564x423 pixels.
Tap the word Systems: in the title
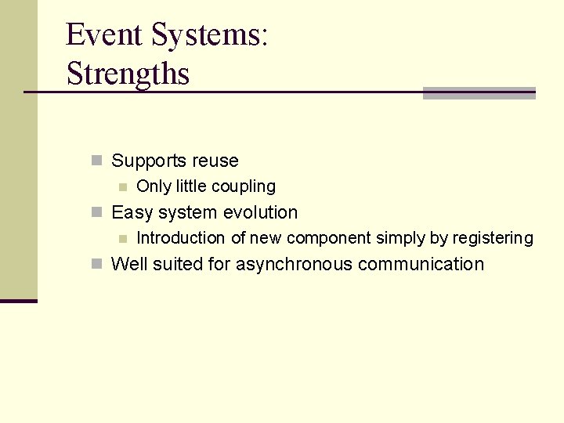tap(209, 35)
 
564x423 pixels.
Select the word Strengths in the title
tap(128, 74)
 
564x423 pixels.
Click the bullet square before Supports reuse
tap(96, 161)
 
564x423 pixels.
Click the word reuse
tap(215, 161)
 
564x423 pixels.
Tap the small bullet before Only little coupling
tap(121, 186)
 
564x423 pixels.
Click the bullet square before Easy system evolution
tap(96, 212)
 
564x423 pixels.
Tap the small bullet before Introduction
tap(121, 238)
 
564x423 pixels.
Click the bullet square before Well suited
tap(96, 264)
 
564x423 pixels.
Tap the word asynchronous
tap(294, 265)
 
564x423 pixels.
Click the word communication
tap(421, 265)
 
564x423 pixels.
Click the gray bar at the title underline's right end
tap(479, 93)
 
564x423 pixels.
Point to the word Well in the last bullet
tap(129, 265)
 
